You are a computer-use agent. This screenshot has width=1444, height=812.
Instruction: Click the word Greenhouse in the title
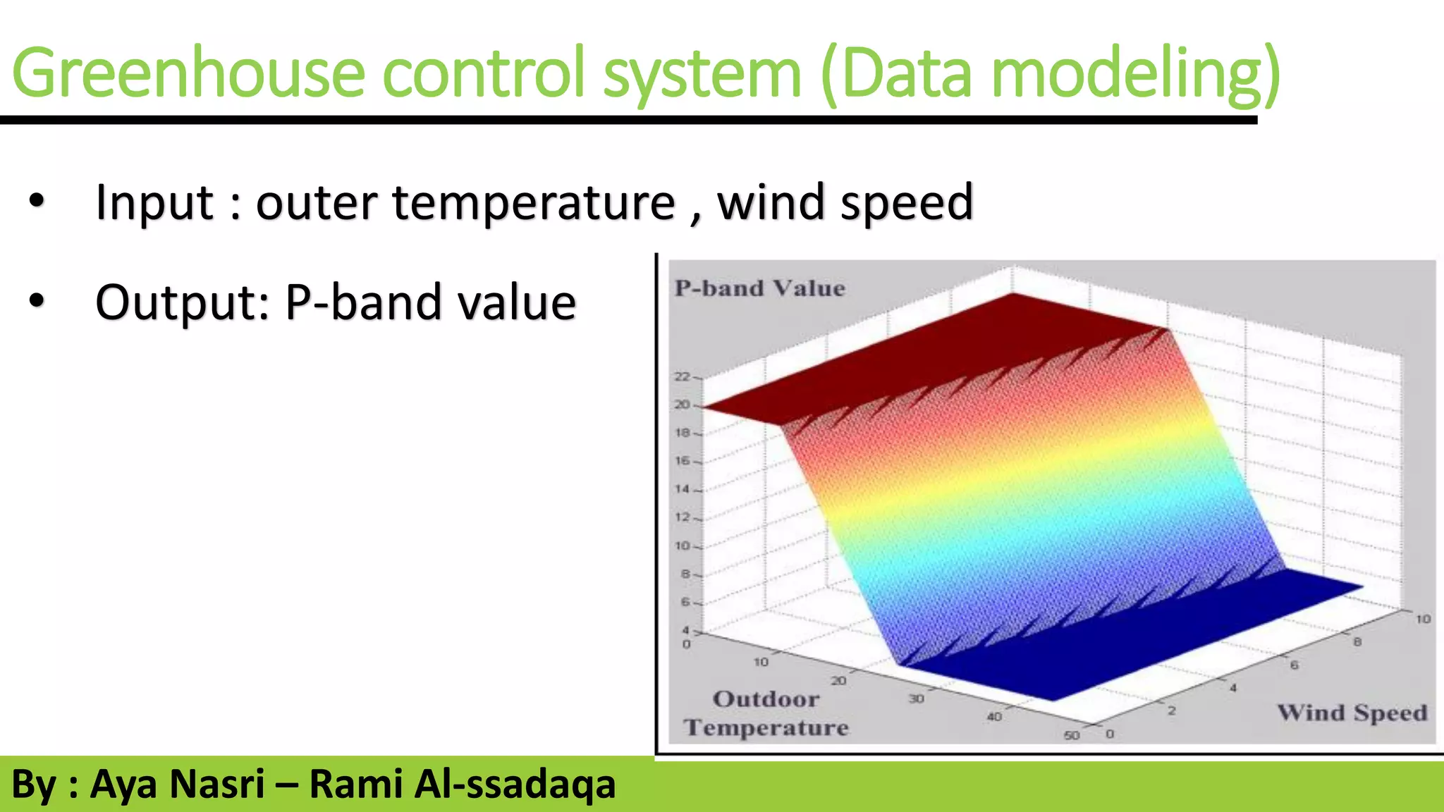pyautogui.click(x=189, y=73)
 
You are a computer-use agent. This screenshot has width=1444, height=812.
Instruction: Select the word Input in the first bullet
pyautogui.click(x=154, y=203)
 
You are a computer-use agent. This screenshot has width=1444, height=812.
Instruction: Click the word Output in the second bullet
pyautogui.click(x=182, y=303)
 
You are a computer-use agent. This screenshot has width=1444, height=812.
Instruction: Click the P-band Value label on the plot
pyautogui.click(x=759, y=288)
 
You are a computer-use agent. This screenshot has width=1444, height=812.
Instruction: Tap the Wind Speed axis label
pyautogui.click(x=1352, y=713)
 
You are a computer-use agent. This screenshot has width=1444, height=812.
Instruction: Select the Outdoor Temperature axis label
pyautogui.click(x=766, y=713)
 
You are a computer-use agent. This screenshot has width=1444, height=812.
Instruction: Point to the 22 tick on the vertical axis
pyautogui.click(x=682, y=376)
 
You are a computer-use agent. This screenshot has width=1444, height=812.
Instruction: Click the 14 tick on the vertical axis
pyautogui.click(x=682, y=488)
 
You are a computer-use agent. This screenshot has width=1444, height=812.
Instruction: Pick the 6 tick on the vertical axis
pyautogui.click(x=685, y=602)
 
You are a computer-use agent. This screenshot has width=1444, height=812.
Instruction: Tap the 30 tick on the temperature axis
pyautogui.click(x=916, y=699)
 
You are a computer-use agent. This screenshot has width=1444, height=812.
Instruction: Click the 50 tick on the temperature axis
pyautogui.click(x=1071, y=735)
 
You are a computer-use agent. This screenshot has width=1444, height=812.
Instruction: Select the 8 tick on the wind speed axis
pyautogui.click(x=1357, y=642)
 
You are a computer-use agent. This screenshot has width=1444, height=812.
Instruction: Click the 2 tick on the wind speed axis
pyautogui.click(x=1171, y=710)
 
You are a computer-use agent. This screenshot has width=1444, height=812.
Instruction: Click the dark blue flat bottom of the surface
pyautogui.click(x=1128, y=634)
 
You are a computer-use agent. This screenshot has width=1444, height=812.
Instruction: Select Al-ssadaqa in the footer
pyautogui.click(x=515, y=785)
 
